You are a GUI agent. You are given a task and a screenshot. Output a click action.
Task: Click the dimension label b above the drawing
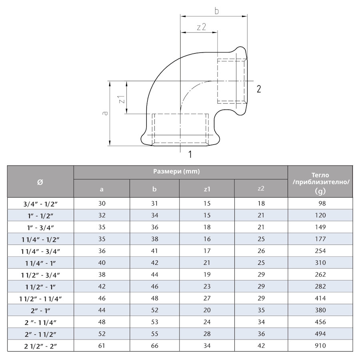coord(216,11)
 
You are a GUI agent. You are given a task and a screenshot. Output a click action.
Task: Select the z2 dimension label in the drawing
coord(201,27)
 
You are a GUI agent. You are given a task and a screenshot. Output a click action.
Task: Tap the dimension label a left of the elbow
coord(105,113)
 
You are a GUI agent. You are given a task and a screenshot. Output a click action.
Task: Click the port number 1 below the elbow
coord(190,154)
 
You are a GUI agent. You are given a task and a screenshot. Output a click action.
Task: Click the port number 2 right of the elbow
coord(259,89)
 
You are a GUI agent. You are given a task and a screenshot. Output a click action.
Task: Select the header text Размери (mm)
coord(176,172)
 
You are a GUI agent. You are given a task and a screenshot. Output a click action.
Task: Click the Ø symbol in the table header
coord(40,182)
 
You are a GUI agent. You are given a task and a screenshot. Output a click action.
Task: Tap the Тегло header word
coord(320,175)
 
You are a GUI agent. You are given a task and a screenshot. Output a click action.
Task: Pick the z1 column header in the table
coord(207,189)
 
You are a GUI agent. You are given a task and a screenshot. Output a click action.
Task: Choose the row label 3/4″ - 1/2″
coord(40,204)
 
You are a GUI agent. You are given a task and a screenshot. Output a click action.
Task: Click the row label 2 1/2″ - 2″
coord(40,346)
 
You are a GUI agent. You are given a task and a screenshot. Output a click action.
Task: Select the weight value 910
coord(320,346)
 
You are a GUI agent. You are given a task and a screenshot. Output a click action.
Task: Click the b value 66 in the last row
coord(154,346)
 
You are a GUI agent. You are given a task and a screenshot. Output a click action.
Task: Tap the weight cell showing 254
coord(320,251)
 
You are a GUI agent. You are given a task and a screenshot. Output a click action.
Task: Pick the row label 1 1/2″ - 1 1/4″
coord(40,298)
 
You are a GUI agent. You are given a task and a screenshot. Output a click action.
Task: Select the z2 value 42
coord(261,346)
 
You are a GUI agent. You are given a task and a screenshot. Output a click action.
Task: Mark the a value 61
coord(102,346)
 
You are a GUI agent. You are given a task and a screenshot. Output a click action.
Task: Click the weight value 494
coord(320,334)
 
